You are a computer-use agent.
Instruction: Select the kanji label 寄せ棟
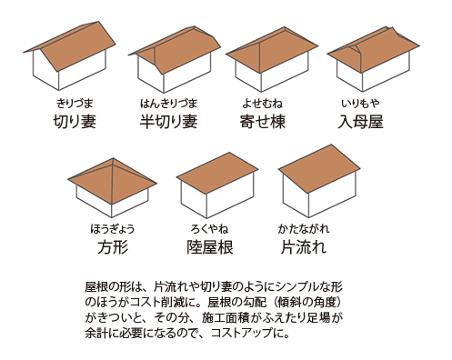pos(264,120)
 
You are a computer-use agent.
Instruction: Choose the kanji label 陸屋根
pos(212,247)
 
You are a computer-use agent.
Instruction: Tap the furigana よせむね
pos(264,103)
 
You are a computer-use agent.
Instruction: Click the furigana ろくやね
pos(212,229)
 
